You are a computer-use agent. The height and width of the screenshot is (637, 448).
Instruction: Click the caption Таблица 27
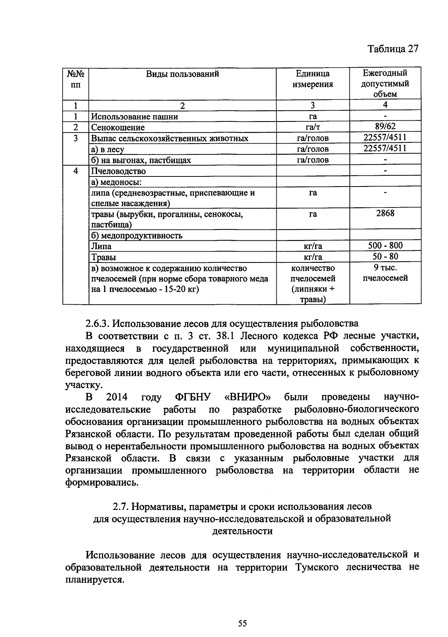tap(393, 49)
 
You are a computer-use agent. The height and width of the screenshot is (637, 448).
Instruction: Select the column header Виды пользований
tap(182, 74)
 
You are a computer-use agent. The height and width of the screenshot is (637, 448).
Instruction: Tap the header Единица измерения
tap(312, 79)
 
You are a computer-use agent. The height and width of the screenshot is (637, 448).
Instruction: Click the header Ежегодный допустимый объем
tap(385, 83)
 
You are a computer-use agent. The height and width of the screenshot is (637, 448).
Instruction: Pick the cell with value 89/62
tap(385, 126)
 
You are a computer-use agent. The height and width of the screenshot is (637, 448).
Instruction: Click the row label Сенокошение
tap(118, 127)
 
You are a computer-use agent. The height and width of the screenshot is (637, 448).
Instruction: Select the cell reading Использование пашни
tap(135, 117)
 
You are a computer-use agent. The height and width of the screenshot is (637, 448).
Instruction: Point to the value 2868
tap(385, 213)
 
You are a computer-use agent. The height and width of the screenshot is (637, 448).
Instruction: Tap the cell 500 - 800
tap(385, 246)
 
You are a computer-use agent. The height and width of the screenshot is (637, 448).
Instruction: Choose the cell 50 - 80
tap(385, 256)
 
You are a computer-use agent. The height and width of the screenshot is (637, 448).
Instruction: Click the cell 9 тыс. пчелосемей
tap(385, 273)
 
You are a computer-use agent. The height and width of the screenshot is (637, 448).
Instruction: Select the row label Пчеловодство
tap(119, 171)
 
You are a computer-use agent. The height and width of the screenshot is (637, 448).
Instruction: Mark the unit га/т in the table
tap(312, 127)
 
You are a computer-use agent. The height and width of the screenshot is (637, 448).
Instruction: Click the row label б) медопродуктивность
tap(137, 236)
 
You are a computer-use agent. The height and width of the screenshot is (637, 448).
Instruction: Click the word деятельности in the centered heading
tap(242, 531)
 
